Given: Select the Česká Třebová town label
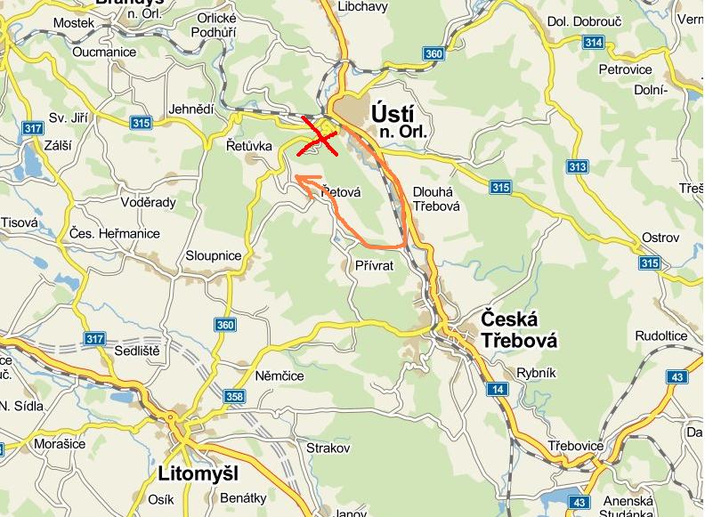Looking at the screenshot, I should click(x=518, y=329).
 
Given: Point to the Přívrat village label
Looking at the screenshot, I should click(x=374, y=265).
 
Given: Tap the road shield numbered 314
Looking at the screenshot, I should click(x=593, y=42).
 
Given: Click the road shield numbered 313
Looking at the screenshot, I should click(x=578, y=166).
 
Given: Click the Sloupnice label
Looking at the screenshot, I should click(x=213, y=255).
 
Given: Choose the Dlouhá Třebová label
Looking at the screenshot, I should click(x=436, y=198).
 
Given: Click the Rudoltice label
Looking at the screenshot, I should click(x=660, y=335).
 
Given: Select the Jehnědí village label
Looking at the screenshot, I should click(x=191, y=108).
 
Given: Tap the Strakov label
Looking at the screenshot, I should click(x=328, y=448).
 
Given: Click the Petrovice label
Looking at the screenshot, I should click(x=625, y=69).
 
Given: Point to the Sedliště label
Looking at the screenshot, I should click(x=136, y=351).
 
